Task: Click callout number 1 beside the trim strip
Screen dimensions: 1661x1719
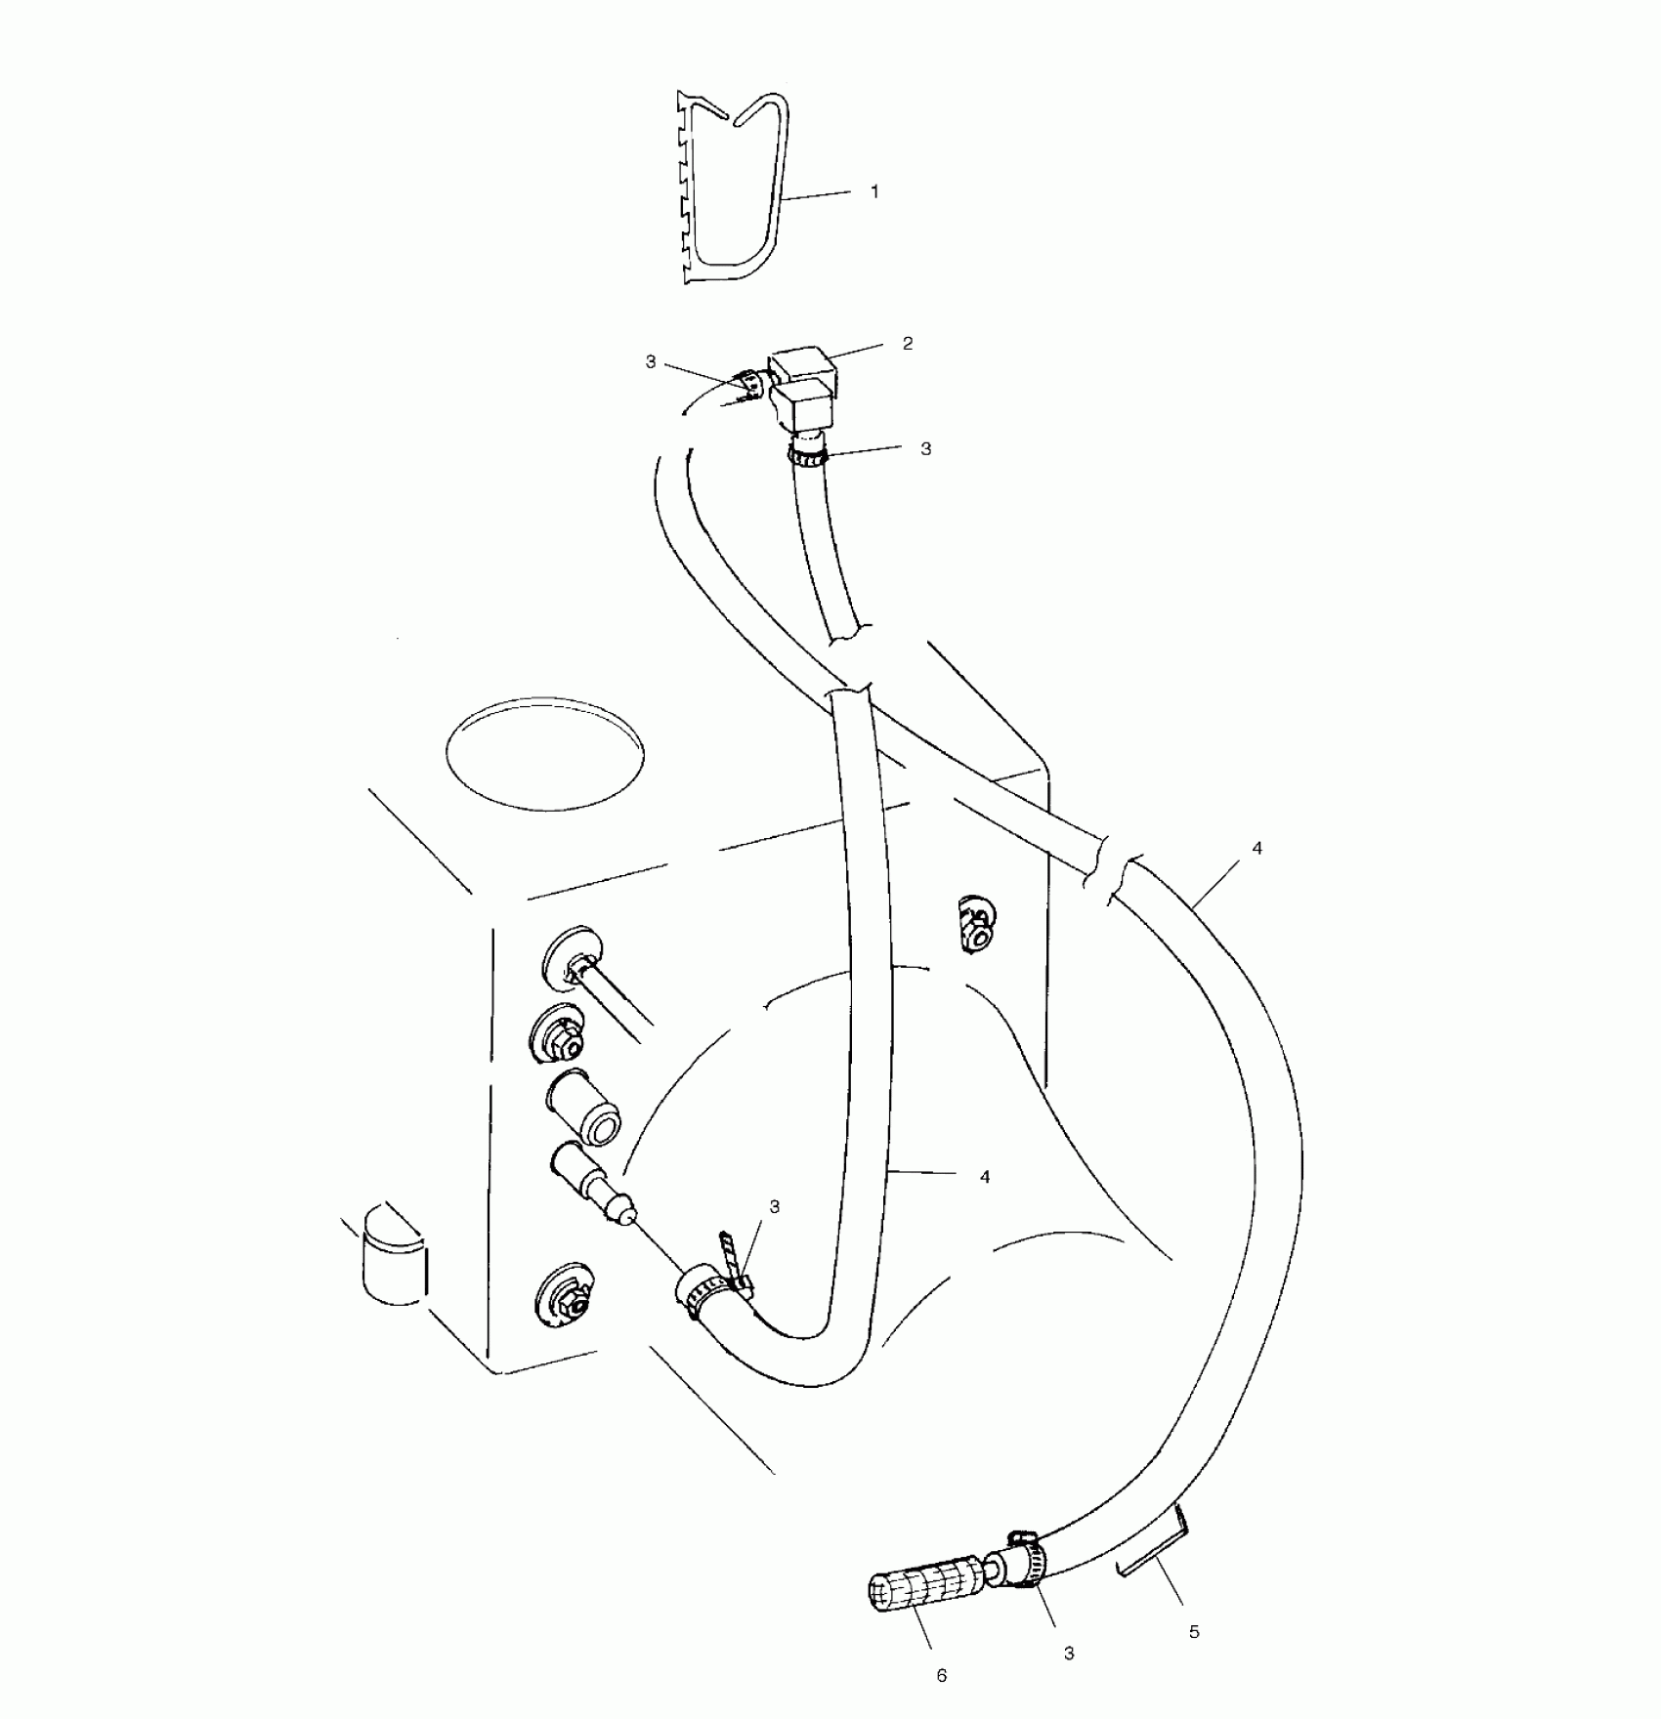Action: point(874,192)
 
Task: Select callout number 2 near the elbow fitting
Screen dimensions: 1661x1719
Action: point(908,343)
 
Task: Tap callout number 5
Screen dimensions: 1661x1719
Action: point(1194,1631)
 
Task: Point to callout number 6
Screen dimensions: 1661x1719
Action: point(942,1675)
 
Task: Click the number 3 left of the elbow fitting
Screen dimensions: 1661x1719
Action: point(651,362)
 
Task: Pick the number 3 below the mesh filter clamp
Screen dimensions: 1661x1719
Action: point(1069,1653)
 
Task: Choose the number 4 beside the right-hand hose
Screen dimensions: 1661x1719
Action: point(1256,849)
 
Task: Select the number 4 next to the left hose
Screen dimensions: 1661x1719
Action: point(985,1177)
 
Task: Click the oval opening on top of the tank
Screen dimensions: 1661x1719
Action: point(544,752)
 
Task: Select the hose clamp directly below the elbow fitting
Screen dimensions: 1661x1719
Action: point(807,453)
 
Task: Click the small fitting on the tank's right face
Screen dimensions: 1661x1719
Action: point(974,923)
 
